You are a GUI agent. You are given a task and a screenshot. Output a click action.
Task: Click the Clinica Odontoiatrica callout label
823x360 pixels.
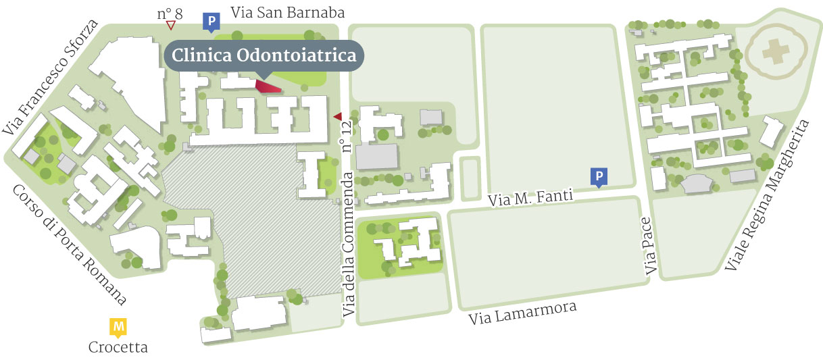[264, 56]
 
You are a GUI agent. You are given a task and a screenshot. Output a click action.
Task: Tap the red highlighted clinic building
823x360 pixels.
[269, 87]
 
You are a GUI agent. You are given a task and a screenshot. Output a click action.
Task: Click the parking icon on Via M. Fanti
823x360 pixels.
[598, 176]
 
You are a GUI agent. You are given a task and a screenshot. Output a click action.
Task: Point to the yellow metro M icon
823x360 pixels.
[118, 328]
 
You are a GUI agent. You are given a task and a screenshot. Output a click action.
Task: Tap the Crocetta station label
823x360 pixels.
[118, 348]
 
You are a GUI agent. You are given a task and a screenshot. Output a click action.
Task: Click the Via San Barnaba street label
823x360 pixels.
[287, 13]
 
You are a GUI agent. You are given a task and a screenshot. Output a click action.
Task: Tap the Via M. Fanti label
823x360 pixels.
[530, 197]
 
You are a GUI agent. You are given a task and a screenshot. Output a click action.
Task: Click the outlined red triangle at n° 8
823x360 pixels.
[171, 26]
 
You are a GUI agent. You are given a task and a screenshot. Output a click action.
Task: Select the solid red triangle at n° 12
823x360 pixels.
[337, 116]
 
